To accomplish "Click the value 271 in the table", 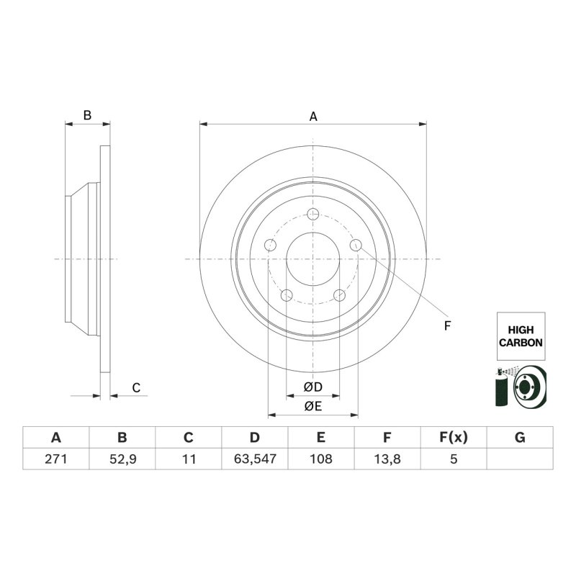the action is tap(56, 459).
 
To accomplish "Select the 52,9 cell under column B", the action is tap(122, 459).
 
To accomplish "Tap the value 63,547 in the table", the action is tap(255, 459).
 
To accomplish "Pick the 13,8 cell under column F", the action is tap(387, 459).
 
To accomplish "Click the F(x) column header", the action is tap(454, 438).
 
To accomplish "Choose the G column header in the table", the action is tap(520, 438).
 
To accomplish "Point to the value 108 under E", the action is tap(321, 459).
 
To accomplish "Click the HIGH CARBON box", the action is tap(521, 336).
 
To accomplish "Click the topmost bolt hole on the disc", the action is tap(313, 214).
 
